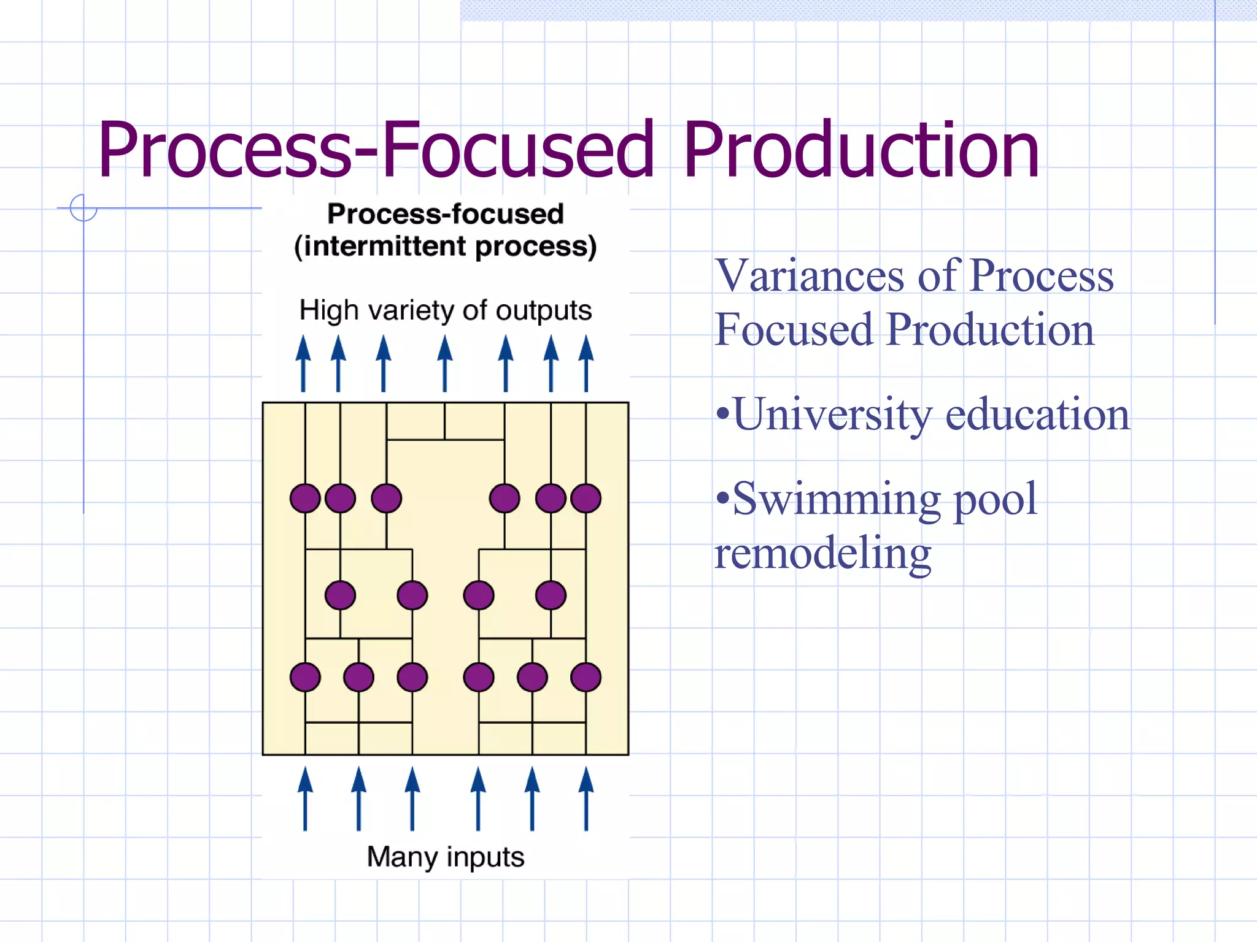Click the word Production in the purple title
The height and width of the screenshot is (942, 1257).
pos(861,150)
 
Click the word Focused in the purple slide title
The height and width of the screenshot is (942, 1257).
pos(517,150)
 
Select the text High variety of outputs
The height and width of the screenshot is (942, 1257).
pos(445,310)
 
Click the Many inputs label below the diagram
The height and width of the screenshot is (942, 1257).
pos(445,857)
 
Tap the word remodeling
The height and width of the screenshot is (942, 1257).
pos(822,553)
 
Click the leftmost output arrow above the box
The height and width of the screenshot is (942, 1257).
pos(303,363)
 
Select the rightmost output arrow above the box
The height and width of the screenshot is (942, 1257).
pos(586,363)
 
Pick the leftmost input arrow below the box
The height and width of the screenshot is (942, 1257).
pos(305,798)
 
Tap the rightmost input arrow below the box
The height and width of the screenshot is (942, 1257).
pos(586,798)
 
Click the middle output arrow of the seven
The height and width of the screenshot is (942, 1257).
pos(445,363)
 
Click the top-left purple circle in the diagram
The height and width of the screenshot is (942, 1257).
pos(305,498)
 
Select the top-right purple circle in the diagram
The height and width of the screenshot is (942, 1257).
pos(586,498)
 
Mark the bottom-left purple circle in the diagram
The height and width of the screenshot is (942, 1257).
pos(305,678)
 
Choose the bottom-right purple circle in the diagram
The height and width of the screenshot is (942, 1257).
pos(586,678)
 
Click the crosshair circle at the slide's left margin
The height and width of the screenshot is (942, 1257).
pos(83,208)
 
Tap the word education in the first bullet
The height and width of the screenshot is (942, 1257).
pos(1037,414)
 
